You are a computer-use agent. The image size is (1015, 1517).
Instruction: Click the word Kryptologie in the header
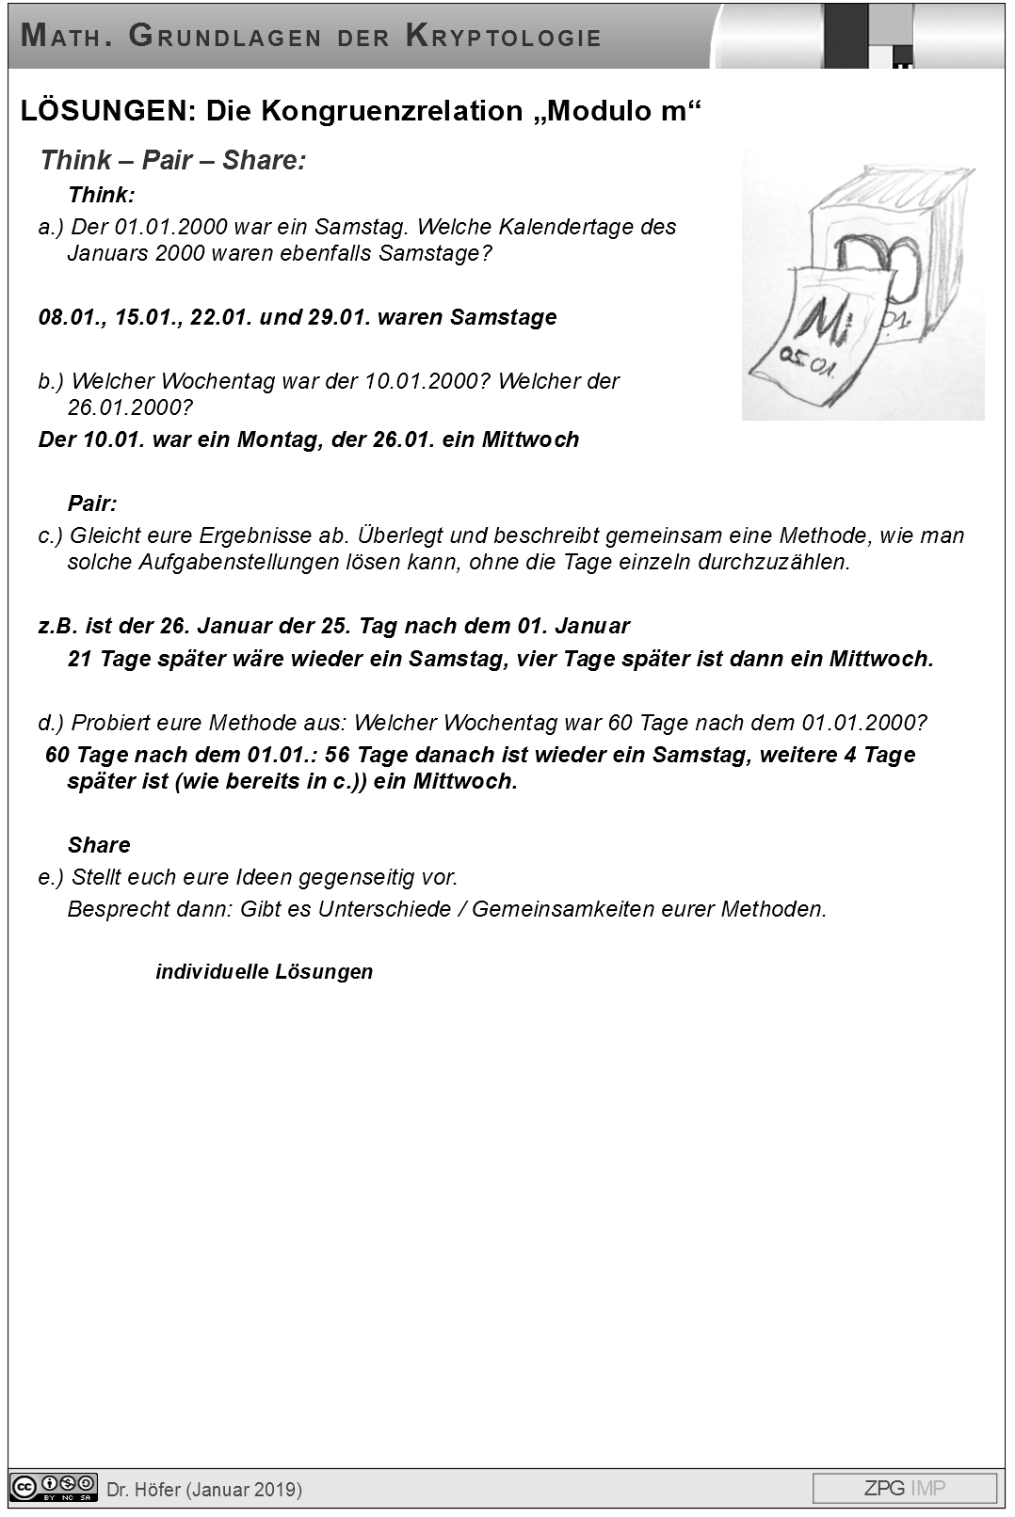[504, 37]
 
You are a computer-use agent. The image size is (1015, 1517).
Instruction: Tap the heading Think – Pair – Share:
[172, 160]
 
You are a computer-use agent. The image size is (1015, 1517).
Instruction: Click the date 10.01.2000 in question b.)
[424, 381]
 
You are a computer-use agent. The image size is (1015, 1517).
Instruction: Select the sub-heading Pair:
[92, 503]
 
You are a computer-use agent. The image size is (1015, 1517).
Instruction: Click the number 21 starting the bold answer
[80, 659]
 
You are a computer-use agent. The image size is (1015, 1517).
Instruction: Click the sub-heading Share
[99, 845]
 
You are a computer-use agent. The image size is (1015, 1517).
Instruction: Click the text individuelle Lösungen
[264, 971]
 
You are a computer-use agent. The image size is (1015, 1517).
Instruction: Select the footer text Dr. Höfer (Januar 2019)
[204, 1490]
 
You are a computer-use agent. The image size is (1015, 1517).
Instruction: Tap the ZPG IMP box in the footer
[904, 1488]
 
